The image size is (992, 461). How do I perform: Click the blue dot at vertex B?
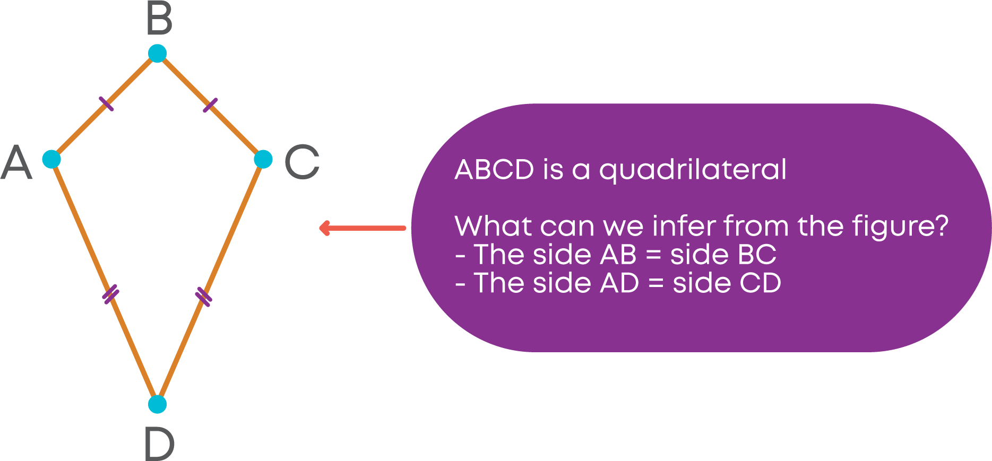pyautogui.click(x=157, y=53)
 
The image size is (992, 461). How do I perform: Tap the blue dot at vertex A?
pyautogui.click(x=51, y=159)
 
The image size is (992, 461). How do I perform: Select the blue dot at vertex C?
pyautogui.click(x=263, y=159)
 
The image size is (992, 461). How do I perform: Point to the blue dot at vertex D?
pyautogui.click(x=157, y=404)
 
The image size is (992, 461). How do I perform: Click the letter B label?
pyautogui.click(x=159, y=19)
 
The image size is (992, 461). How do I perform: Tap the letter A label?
pyautogui.click(x=16, y=162)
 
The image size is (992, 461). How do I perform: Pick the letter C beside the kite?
pyautogui.click(x=302, y=162)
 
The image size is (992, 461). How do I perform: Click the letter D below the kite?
pyautogui.click(x=159, y=443)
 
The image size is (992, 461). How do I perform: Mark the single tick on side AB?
pyautogui.click(x=106, y=104)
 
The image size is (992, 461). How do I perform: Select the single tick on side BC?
pyautogui.click(x=210, y=105)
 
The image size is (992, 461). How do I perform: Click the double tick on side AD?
pyautogui.click(x=110, y=294)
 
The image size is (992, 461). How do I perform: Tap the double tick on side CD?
pyautogui.click(x=203, y=297)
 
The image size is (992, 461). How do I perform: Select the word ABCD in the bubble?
pyautogui.click(x=494, y=170)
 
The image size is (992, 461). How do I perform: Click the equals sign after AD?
pyautogui.click(x=656, y=284)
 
